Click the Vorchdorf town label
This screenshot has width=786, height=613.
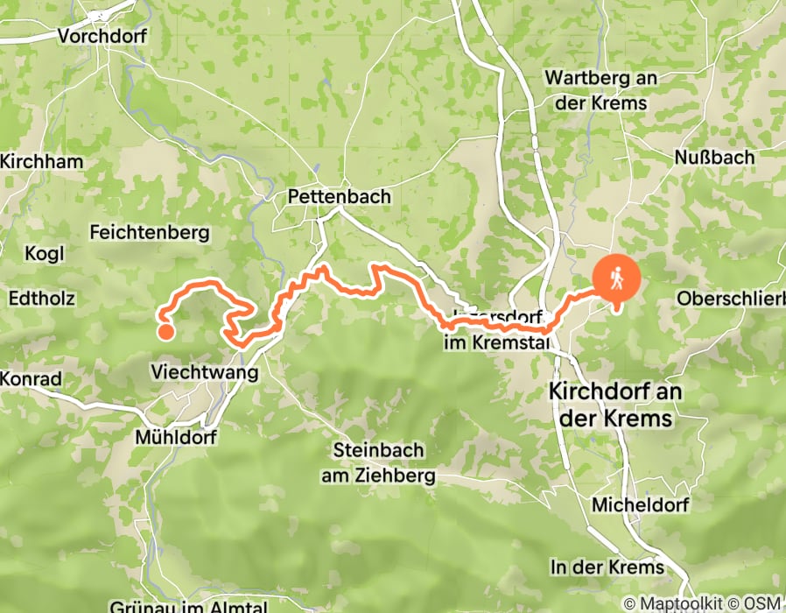(x=102, y=36)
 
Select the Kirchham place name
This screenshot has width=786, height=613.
(x=42, y=161)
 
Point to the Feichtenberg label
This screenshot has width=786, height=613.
(x=150, y=232)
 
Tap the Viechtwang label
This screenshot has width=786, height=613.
(x=205, y=372)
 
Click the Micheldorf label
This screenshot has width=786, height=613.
(x=640, y=504)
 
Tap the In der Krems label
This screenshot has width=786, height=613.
(x=607, y=567)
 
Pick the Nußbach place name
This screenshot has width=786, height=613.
(x=714, y=157)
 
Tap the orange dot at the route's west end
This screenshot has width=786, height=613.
(x=165, y=331)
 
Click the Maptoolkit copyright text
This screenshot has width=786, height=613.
(x=674, y=603)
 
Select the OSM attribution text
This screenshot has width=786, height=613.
(x=763, y=603)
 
